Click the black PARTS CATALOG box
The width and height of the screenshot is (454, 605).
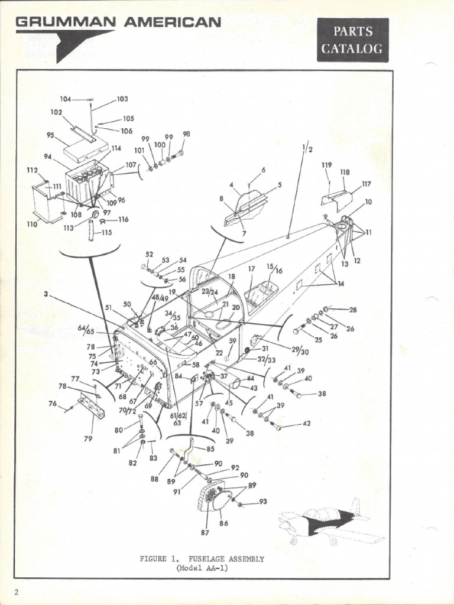tap(352, 40)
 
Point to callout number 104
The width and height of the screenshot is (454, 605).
tap(65, 99)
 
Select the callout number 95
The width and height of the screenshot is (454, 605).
tap(50, 135)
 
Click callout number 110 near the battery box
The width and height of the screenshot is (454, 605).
tap(33, 224)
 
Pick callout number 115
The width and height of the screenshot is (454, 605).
tap(106, 233)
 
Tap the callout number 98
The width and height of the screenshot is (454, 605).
tap(186, 134)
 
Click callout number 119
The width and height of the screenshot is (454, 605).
tap(326, 165)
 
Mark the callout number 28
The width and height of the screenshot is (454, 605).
tap(353, 310)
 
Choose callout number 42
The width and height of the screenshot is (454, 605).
tap(306, 424)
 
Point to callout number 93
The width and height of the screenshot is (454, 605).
tap(263, 502)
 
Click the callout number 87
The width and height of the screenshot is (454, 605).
tap(205, 532)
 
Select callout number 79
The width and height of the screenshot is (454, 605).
tap(88, 438)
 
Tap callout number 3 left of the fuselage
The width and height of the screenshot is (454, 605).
tap(45, 294)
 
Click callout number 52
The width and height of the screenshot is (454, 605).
tap(149, 255)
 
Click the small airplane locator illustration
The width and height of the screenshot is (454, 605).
tap(331, 522)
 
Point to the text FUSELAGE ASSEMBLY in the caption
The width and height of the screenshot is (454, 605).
tap(226, 558)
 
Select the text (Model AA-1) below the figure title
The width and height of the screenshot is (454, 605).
tap(202, 568)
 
